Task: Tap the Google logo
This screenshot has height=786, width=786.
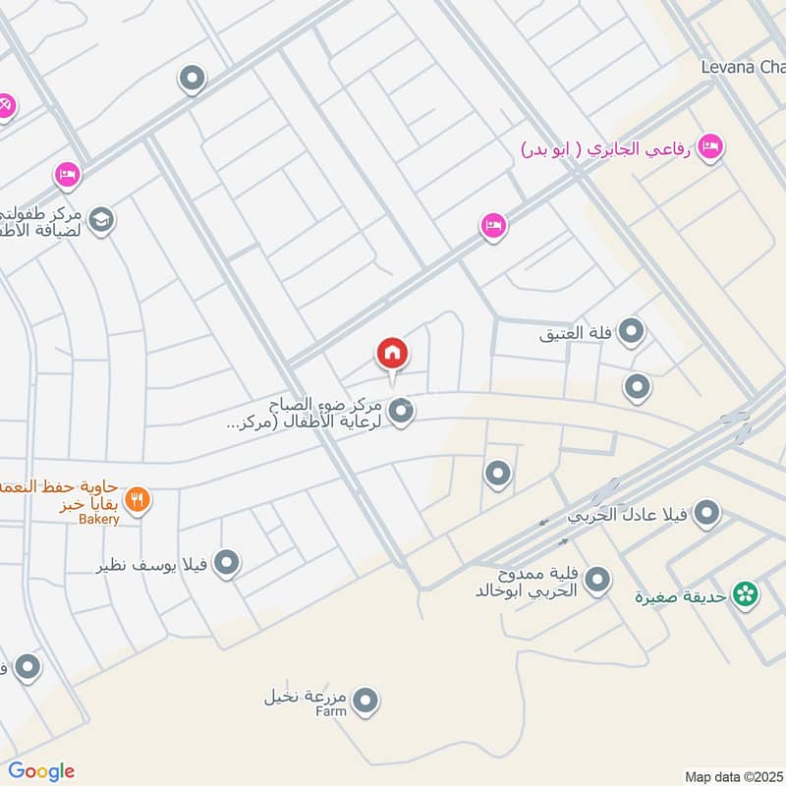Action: coord(41,771)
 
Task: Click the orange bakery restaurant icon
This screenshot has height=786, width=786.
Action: coord(138,499)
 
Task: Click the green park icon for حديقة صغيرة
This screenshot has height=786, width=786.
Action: coord(747,593)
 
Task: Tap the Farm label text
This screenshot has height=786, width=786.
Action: coord(331,711)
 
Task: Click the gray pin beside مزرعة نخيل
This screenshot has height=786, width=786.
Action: coord(365,701)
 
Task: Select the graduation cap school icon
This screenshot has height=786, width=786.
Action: coord(101,220)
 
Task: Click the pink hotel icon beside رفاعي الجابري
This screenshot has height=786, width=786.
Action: coord(709,148)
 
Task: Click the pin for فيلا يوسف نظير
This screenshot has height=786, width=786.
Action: coord(227,563)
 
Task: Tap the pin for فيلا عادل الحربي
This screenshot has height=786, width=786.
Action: coord(706,512)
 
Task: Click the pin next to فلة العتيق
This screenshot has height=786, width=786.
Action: coord(633,332)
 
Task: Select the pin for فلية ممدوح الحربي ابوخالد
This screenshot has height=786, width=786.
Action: coord(596,582)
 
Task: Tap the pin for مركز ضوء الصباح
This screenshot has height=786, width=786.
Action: coord(400,412)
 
